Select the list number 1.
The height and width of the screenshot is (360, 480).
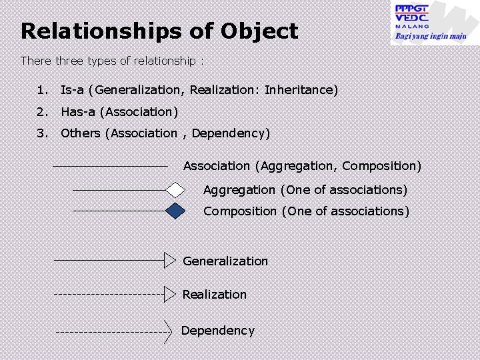43,89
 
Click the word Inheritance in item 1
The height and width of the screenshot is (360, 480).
301,89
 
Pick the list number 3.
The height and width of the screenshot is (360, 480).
43,133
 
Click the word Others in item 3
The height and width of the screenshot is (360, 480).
80,133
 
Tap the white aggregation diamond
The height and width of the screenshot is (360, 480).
175,190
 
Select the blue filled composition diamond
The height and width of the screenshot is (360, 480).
175,211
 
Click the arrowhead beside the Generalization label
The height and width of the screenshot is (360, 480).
171,260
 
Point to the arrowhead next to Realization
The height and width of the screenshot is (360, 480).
171,293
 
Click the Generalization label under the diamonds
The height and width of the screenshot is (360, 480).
225,261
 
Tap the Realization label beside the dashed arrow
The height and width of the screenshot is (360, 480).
215,295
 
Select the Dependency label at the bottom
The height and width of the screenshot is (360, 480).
218,331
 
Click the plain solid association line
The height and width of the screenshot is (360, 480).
110,165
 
